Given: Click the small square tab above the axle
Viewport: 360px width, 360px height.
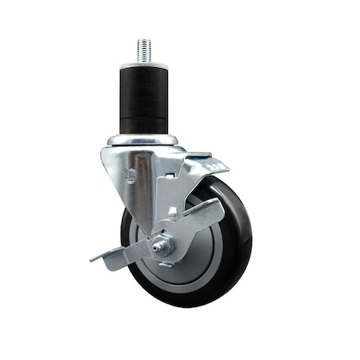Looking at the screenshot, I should [171, 213].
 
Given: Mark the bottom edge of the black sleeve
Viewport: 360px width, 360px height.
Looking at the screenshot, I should [144, 131].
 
